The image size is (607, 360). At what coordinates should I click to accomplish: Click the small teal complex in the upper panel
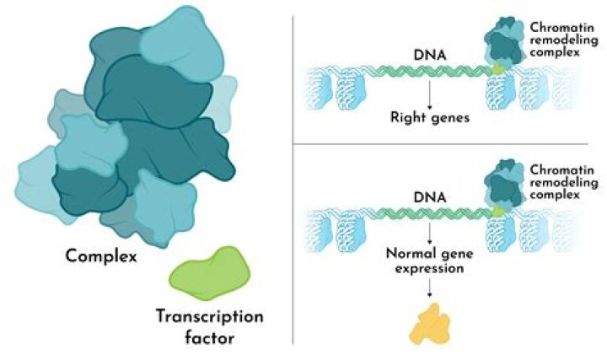pos(502,42)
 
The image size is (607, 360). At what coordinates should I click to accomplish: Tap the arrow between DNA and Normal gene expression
pos(430,233)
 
